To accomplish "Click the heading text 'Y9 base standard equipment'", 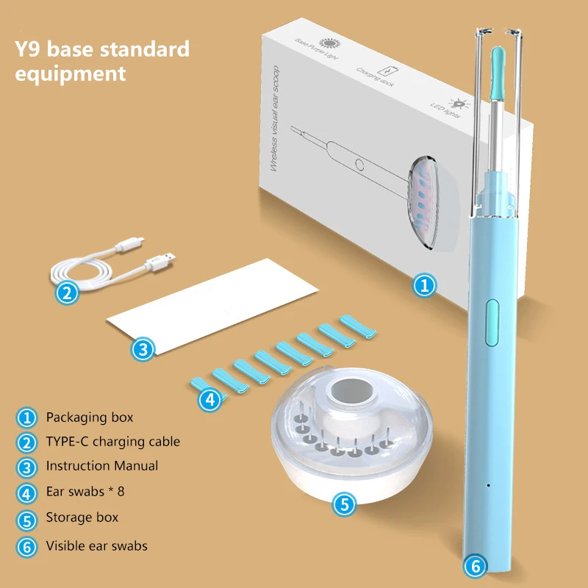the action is [x=102, y=62].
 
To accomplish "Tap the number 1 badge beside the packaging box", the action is [x=423, y=285].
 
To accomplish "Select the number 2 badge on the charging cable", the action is [x=68, y=293].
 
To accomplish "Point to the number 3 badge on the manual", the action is [x=143, y=349].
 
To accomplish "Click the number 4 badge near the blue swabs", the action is [x=211, y=399].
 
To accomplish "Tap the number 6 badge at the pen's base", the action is [x=476, y=567].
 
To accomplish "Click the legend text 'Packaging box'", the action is [x=90, y=417].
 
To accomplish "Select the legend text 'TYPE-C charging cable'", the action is [x=112, y=442].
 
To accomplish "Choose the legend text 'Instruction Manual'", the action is [x=101, y=466].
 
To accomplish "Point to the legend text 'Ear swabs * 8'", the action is [x=90, y=492].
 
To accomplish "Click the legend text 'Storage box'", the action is [x=82, y=517].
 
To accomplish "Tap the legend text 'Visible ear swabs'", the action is [x=96, y=546].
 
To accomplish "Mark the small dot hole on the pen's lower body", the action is [x=489, y=486].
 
